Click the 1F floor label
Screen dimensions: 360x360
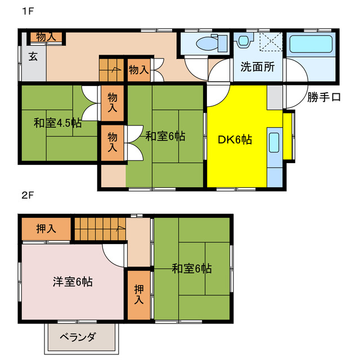[28, 11]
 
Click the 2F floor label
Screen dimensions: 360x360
[28, 196]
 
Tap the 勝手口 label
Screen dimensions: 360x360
[324, 97]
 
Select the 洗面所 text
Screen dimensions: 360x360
[258, 67]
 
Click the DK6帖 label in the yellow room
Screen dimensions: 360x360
[235, 140]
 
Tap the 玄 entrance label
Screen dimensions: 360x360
[33, 56]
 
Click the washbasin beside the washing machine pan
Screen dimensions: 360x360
[244, 41]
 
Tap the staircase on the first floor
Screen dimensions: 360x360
[111, 70]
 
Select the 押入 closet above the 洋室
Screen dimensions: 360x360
[46, 229]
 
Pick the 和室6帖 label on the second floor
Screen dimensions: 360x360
[192, 269]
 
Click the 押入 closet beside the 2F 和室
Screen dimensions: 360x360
[138, 294]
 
